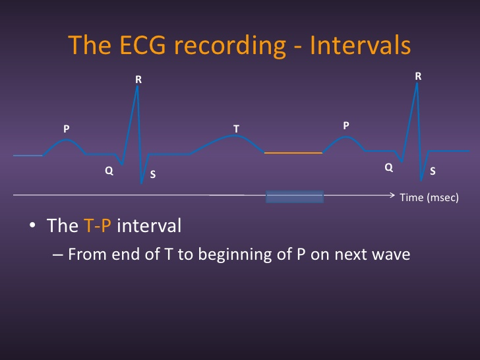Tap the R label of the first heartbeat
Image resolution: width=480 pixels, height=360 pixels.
pos(138,80)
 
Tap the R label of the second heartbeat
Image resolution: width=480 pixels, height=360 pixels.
pos(418,76)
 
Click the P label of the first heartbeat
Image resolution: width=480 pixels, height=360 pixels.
pos(66,129)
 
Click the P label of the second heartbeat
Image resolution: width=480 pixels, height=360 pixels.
pos(346,125)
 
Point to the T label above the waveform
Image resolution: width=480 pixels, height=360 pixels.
pos(235,127)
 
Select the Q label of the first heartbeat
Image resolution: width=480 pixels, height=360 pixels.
pos(109,171)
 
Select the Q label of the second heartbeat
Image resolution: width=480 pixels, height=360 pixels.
pos(389,168)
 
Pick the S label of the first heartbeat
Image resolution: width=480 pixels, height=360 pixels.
pos(153,175)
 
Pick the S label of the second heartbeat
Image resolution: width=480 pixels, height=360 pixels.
pos(433,171)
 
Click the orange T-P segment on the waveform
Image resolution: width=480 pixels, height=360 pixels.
pos(293,153)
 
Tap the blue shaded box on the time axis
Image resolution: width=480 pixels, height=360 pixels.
pos(294,196)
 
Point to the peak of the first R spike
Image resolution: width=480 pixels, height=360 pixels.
pos(138,86)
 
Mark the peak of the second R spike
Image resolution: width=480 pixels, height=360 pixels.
pos(417,83)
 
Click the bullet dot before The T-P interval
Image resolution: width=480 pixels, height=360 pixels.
pos(32,227)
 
